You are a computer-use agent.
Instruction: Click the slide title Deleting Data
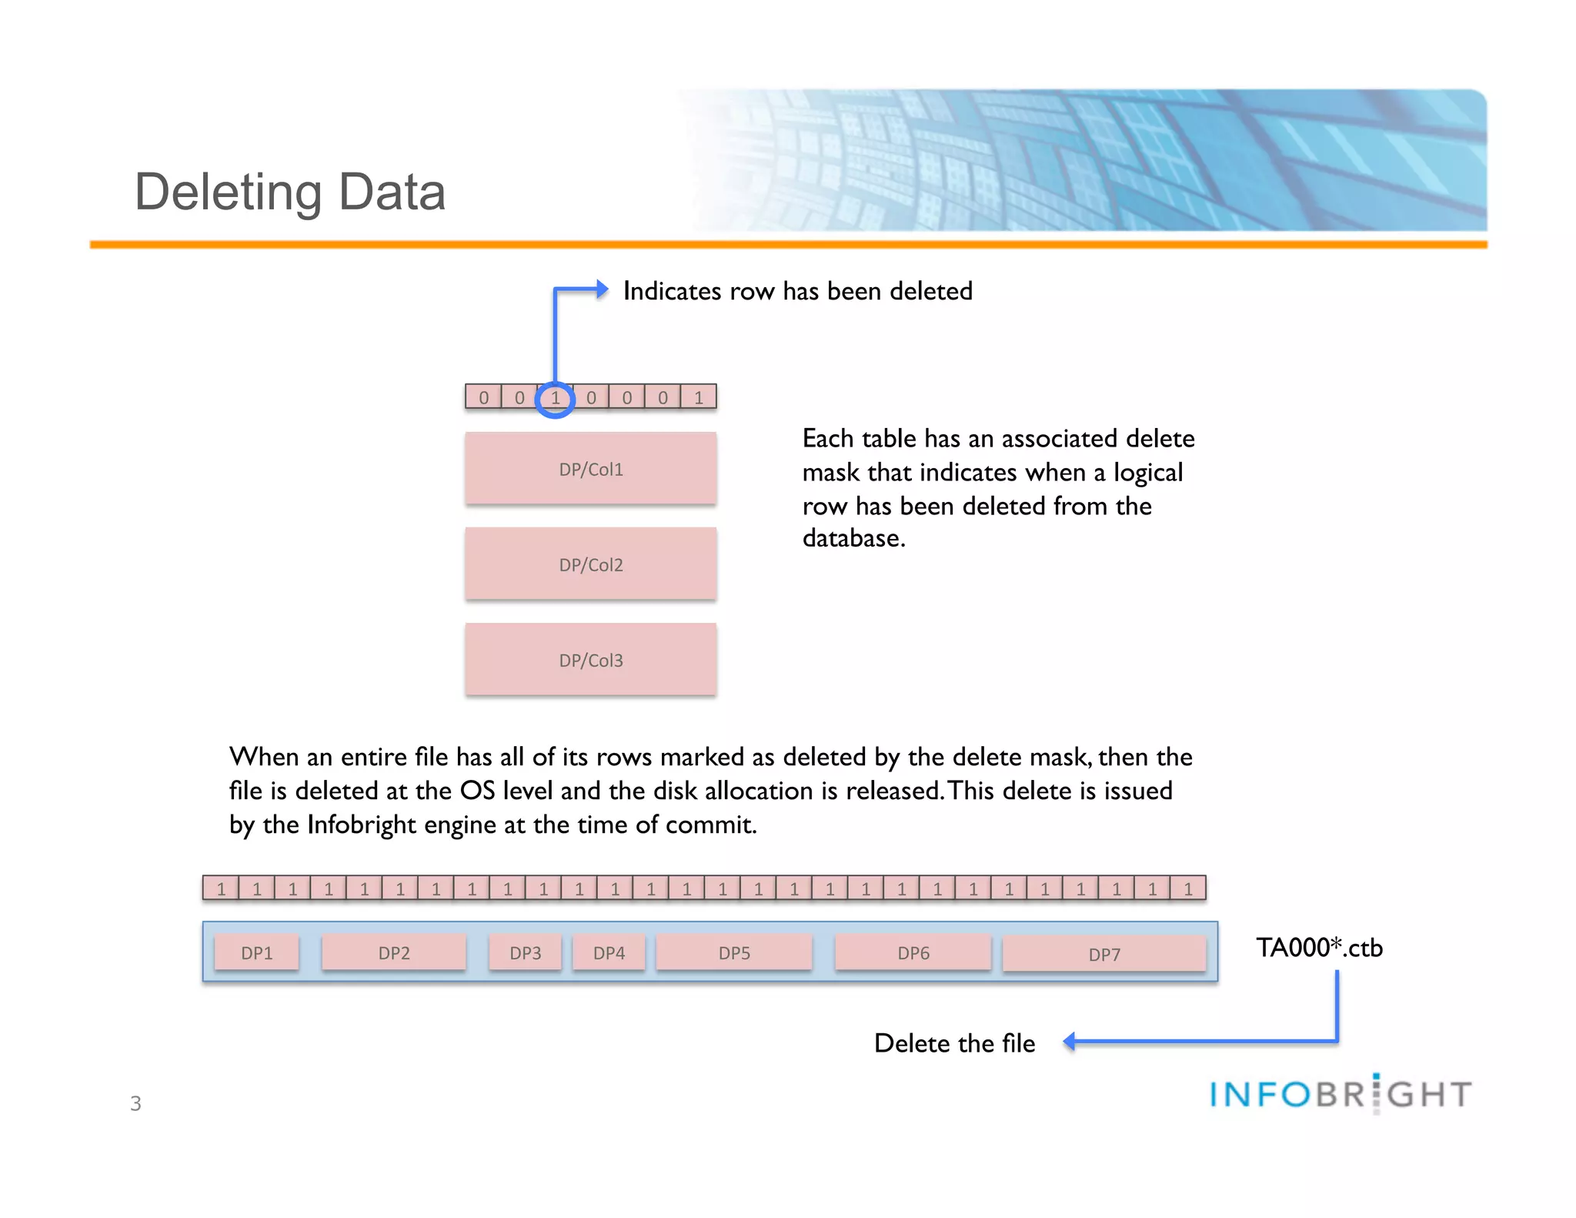(290, 192)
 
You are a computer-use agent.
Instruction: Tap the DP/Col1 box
(590, 469)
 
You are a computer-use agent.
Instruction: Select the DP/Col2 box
(590, 564)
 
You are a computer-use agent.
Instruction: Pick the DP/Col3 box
(590, 660)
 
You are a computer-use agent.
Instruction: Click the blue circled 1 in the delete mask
(555, 398)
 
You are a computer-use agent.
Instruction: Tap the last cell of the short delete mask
(699, 397)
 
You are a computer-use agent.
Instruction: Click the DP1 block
(256, 953)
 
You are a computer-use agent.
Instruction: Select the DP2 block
(394, 953)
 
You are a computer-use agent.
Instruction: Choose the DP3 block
(526, 953)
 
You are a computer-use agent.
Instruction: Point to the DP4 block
(609, 953)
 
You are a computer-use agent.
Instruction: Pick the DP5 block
(734, 953)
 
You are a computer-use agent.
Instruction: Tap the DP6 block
(913, 953)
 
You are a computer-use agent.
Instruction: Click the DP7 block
(1104, 955)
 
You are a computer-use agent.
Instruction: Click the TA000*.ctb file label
(1319, 948)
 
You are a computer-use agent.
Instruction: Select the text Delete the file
(954, 1043)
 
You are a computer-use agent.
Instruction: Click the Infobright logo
(1341, 1094)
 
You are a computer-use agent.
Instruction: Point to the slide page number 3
(135, 1103)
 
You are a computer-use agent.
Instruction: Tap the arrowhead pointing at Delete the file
(1070, 1042)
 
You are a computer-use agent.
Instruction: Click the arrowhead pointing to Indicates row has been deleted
(603, 289)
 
